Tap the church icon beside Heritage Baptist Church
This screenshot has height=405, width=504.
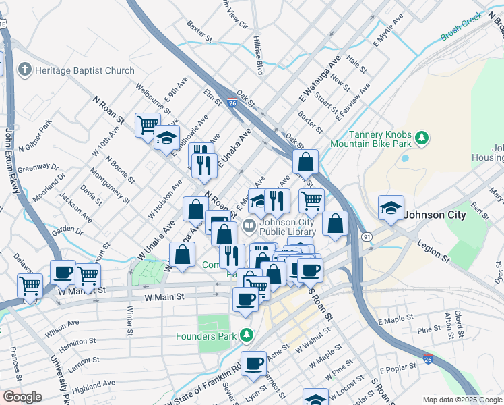[x=25, y=70]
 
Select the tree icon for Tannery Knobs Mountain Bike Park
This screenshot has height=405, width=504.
[x=422, y=138]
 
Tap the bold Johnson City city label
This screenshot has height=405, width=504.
[x=435, y=215]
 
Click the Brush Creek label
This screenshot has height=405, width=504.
[x=462, y=27]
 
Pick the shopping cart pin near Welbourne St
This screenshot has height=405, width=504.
[x=148, y=124]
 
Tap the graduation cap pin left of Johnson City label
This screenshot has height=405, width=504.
[x=391, y=207]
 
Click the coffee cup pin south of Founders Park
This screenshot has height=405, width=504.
[x=253, y=363]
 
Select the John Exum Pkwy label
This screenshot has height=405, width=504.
[x=10, y=161]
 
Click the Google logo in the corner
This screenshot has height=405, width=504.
[x=22, y=397]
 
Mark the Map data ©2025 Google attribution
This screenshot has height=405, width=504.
[x=463, y=400]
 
